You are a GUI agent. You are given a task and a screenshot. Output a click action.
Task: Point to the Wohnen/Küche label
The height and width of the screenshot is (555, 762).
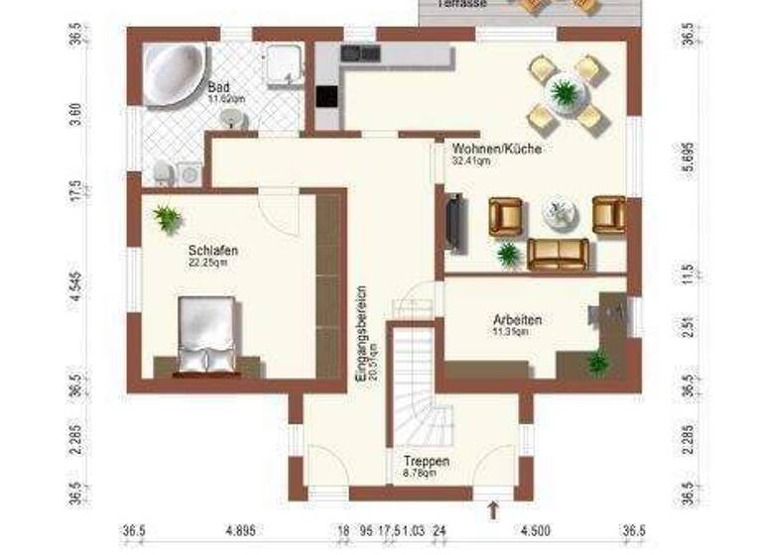[487, 149]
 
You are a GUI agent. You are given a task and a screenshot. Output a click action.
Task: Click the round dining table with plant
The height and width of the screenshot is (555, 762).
[566, 94]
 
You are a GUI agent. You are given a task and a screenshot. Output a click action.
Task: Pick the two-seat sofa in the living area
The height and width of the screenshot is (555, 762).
[558, 254]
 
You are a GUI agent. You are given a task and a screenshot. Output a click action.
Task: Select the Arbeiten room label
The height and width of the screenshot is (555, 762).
[516, 320]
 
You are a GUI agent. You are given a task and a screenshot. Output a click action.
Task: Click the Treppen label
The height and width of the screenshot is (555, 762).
[427, 463]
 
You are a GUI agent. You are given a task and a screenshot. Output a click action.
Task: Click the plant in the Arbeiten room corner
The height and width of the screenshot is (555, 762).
[597, 363]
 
